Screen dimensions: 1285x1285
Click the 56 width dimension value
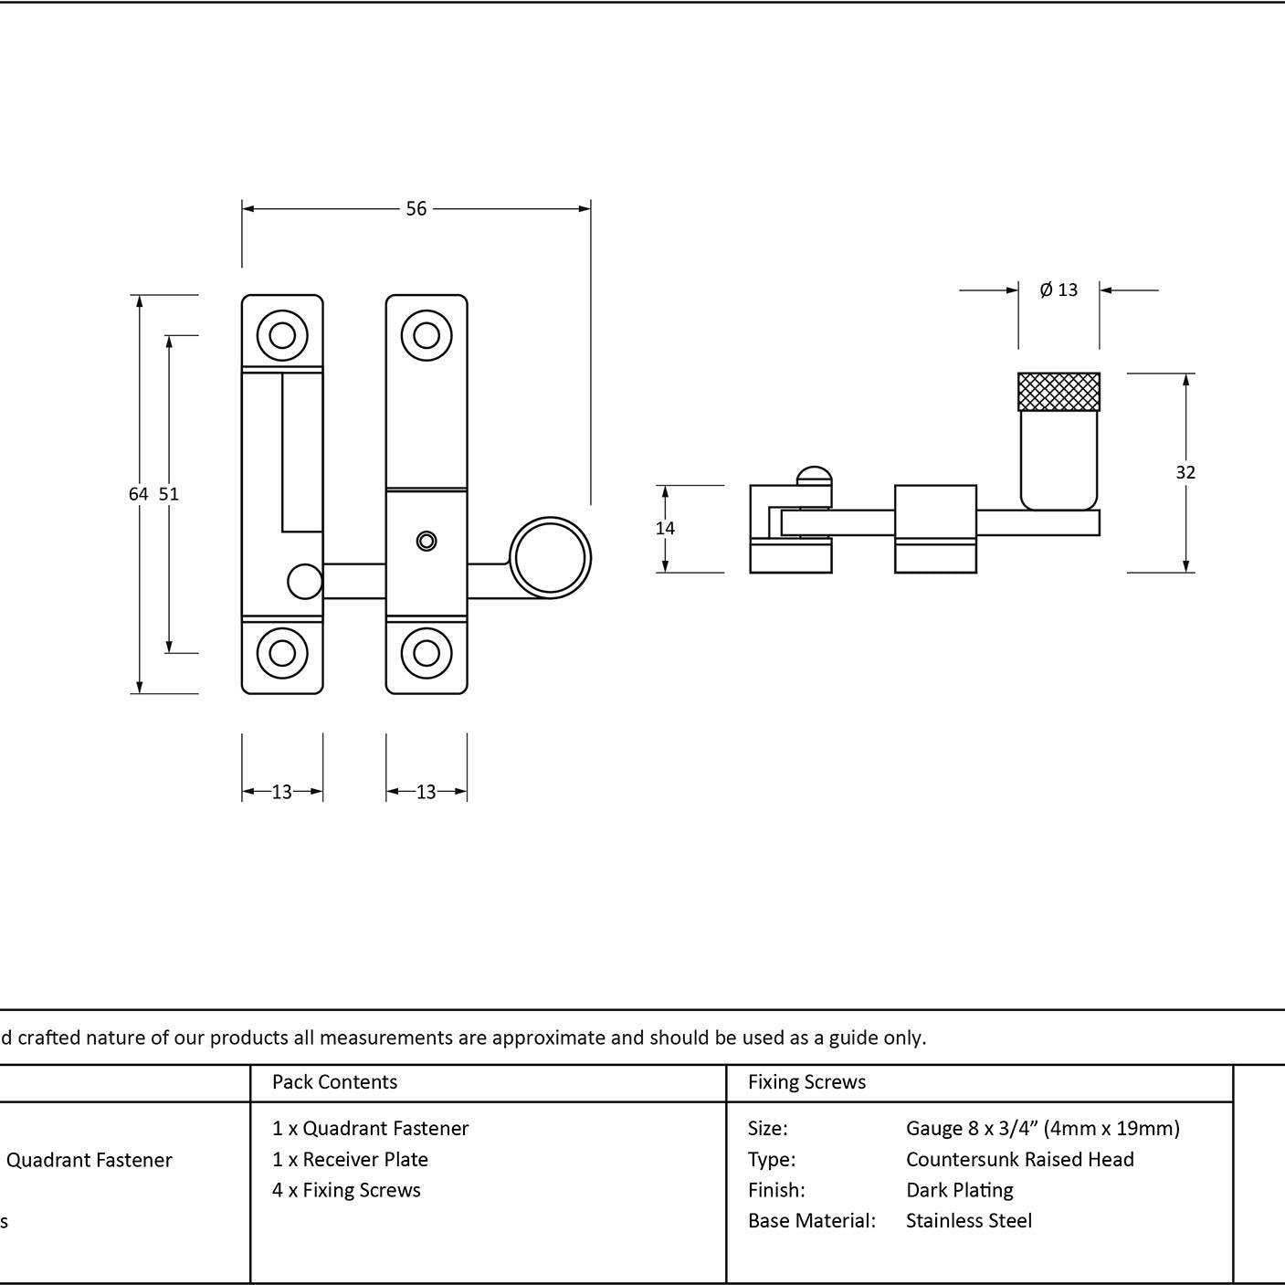coord(416,209)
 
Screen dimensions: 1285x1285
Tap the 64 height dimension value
coord(139,494)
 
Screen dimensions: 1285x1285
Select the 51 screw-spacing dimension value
coord(169,494)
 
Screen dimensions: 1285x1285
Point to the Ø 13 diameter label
coord(1059,290)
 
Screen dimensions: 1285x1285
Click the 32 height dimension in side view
coord(1185,472)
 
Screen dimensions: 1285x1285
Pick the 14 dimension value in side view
coord(665,528)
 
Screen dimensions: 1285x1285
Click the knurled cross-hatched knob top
coord(1059,392)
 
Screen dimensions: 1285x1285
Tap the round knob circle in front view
coord(550,557)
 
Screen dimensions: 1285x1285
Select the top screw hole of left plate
coord(282,335)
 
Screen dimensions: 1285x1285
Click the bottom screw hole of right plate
coord(427,654)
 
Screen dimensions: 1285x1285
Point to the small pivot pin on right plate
coord(427,541)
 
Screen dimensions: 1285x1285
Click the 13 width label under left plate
coord(282,792)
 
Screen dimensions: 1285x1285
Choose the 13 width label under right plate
coord(427,792)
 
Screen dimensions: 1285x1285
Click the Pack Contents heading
coord(335,1081)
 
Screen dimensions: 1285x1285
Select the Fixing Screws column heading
coord(806,1081)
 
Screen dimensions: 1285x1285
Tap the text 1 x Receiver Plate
coord(350,1159)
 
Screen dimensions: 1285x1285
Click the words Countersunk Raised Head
coord(1019,1159)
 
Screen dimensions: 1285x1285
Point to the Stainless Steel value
coord(969,1220)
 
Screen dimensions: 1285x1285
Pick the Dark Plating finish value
coord(960,1190)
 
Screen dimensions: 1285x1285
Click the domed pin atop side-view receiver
coord(815,475)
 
